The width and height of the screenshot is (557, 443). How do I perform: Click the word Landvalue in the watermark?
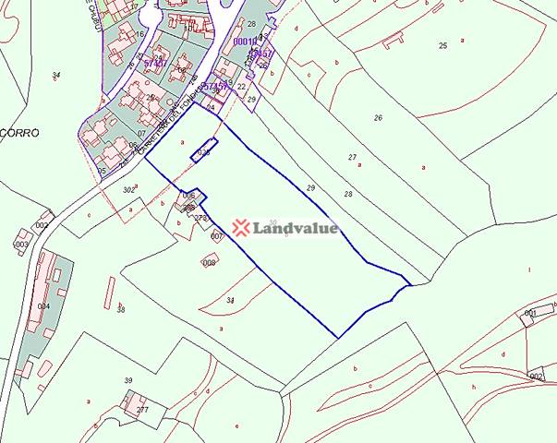click(x=296, y=228)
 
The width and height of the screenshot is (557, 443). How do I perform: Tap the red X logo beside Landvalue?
click(x=241, y=228)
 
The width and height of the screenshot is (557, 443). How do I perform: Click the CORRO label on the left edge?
click(x=17, y=132)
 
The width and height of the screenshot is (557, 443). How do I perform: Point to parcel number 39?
click(x=128, y=380)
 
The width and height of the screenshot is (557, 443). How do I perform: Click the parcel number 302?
click(x=128, y=189)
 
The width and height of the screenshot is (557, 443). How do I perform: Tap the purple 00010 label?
click(x=245, y=42)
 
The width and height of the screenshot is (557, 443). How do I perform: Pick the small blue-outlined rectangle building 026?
click(x=204, y=150)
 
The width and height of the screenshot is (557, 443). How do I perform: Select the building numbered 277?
click(x=141, y=409)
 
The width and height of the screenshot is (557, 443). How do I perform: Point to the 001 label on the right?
click(x=530, y=314)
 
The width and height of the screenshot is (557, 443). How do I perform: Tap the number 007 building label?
click(x=216, y=237)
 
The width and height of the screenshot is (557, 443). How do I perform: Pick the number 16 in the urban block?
click(x=139, y=34)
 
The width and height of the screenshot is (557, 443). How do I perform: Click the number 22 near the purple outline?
click(x=241, y=86)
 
